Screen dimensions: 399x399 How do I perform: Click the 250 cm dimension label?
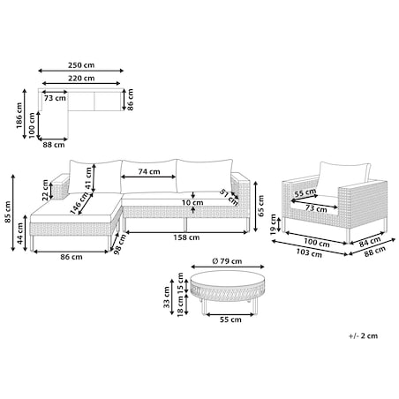pyautogui.click(x=81, y=65)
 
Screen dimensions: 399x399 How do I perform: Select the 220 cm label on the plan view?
pyautogui.click(x=81, y=79)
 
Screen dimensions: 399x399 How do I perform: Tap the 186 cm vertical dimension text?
pyautogui.click(x=19, y=116)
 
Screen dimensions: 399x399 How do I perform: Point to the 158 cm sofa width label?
pyautogui.click(x=186, y=237)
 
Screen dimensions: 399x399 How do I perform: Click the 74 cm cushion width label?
pyautogui.click(x=149, y=171)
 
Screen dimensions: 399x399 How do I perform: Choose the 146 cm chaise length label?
pyautogui.click(x=79, y=203)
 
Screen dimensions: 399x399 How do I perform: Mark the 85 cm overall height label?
pyautogui.click(x=8, y=212)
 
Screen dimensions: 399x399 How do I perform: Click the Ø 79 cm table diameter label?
pyautogui.click(x=227, y=261)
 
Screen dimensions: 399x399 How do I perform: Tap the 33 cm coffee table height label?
pyautogui.click(x=167, y=297)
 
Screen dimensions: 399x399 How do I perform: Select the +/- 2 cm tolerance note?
pyautogui.click(x=363, y=335)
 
